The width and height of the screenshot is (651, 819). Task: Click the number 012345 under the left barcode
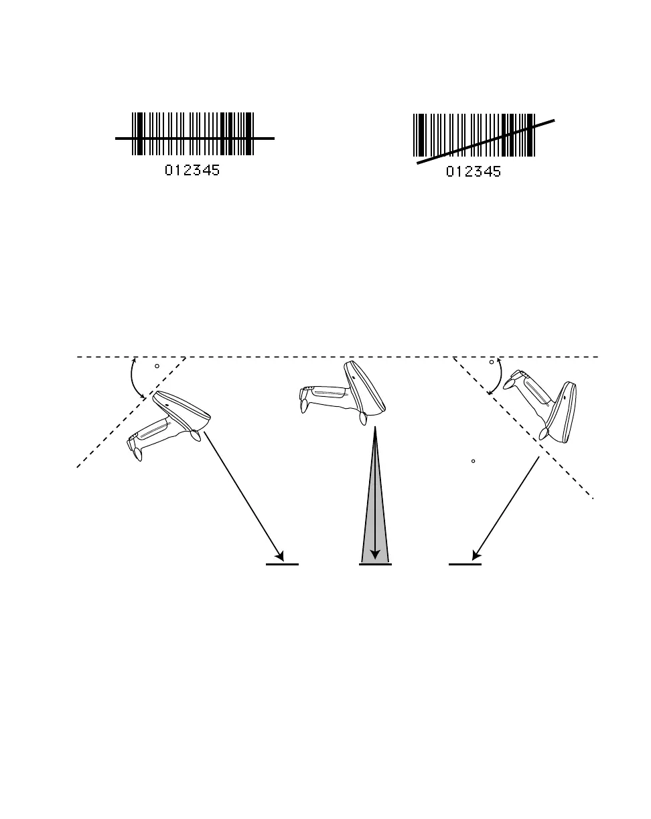(192, 171)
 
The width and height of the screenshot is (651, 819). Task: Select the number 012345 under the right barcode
(474, 172)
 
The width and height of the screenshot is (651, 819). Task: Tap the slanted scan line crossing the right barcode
(486, 141)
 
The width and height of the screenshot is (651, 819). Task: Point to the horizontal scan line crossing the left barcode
(194, 139)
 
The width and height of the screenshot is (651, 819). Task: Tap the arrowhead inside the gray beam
(375, 554)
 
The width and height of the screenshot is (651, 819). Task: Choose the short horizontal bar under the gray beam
(375, 564)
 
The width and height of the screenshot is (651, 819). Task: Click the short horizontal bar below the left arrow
(282, 564)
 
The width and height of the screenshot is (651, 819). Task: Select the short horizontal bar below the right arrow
(465, 564)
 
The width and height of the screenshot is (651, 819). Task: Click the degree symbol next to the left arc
(157, 366)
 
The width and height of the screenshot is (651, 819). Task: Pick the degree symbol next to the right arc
(492, 362)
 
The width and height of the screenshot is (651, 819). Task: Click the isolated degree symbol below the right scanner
(474, 461)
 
